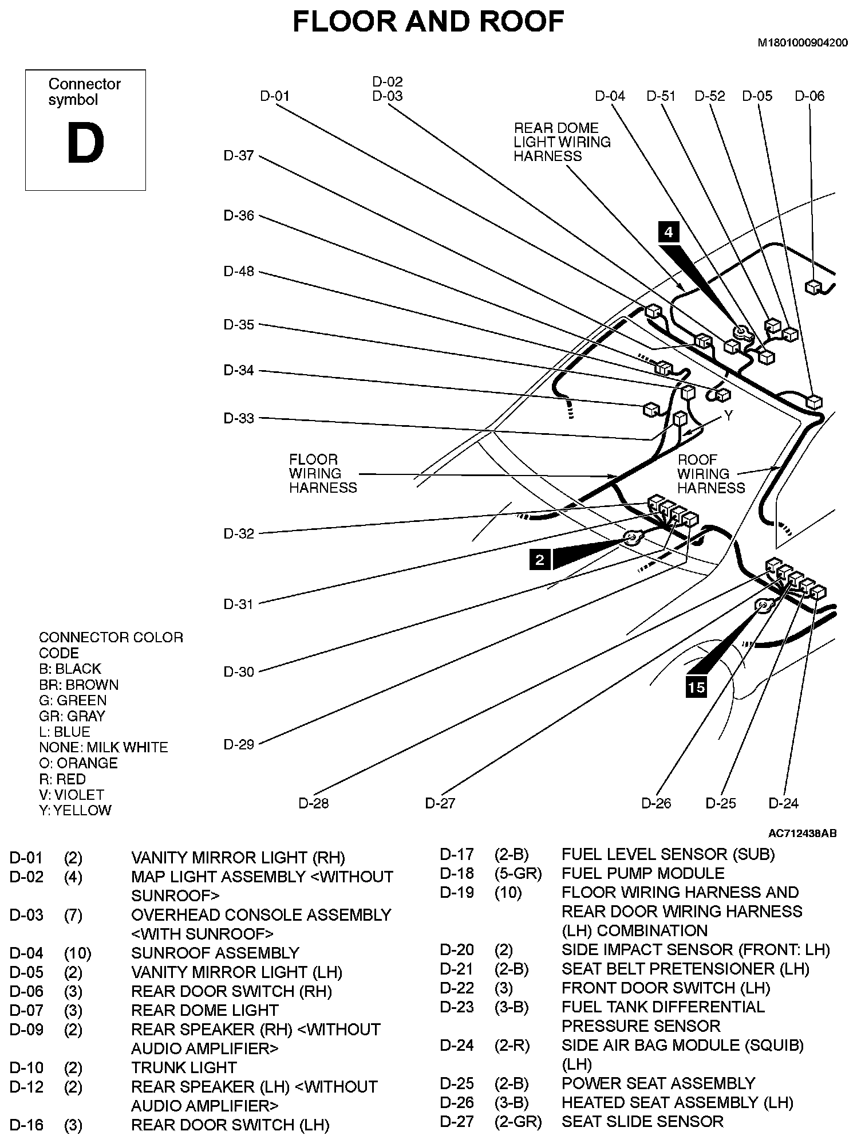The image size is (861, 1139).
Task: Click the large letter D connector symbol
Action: (85, 144)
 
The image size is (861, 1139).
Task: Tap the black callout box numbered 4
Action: (668, 232)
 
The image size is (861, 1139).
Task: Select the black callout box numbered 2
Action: (540, 559)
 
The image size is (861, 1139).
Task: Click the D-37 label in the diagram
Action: (239, 156)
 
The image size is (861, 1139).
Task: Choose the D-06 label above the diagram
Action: (809, 96)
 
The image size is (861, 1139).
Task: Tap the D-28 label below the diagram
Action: (314, 803)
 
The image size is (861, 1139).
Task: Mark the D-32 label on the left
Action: (239, 533)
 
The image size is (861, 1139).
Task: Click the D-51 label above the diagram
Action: (661, 96)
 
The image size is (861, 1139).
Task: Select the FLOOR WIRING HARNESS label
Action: (322, 474)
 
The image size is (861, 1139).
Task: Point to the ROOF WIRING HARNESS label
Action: (711, 474)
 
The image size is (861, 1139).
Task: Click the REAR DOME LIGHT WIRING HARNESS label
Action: (562, 142)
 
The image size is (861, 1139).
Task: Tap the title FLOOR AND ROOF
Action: (428, 22)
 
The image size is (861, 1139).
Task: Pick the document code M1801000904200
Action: (803, 43)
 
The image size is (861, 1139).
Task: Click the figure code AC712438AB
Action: (803, 833)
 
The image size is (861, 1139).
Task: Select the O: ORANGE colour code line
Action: (78, 763)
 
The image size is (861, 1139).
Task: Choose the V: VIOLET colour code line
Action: (72, 795)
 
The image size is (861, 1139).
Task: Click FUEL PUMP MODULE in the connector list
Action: (643, 873)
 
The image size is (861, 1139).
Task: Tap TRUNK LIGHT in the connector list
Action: (184, 1067)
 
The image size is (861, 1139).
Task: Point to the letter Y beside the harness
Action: (728, 415)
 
